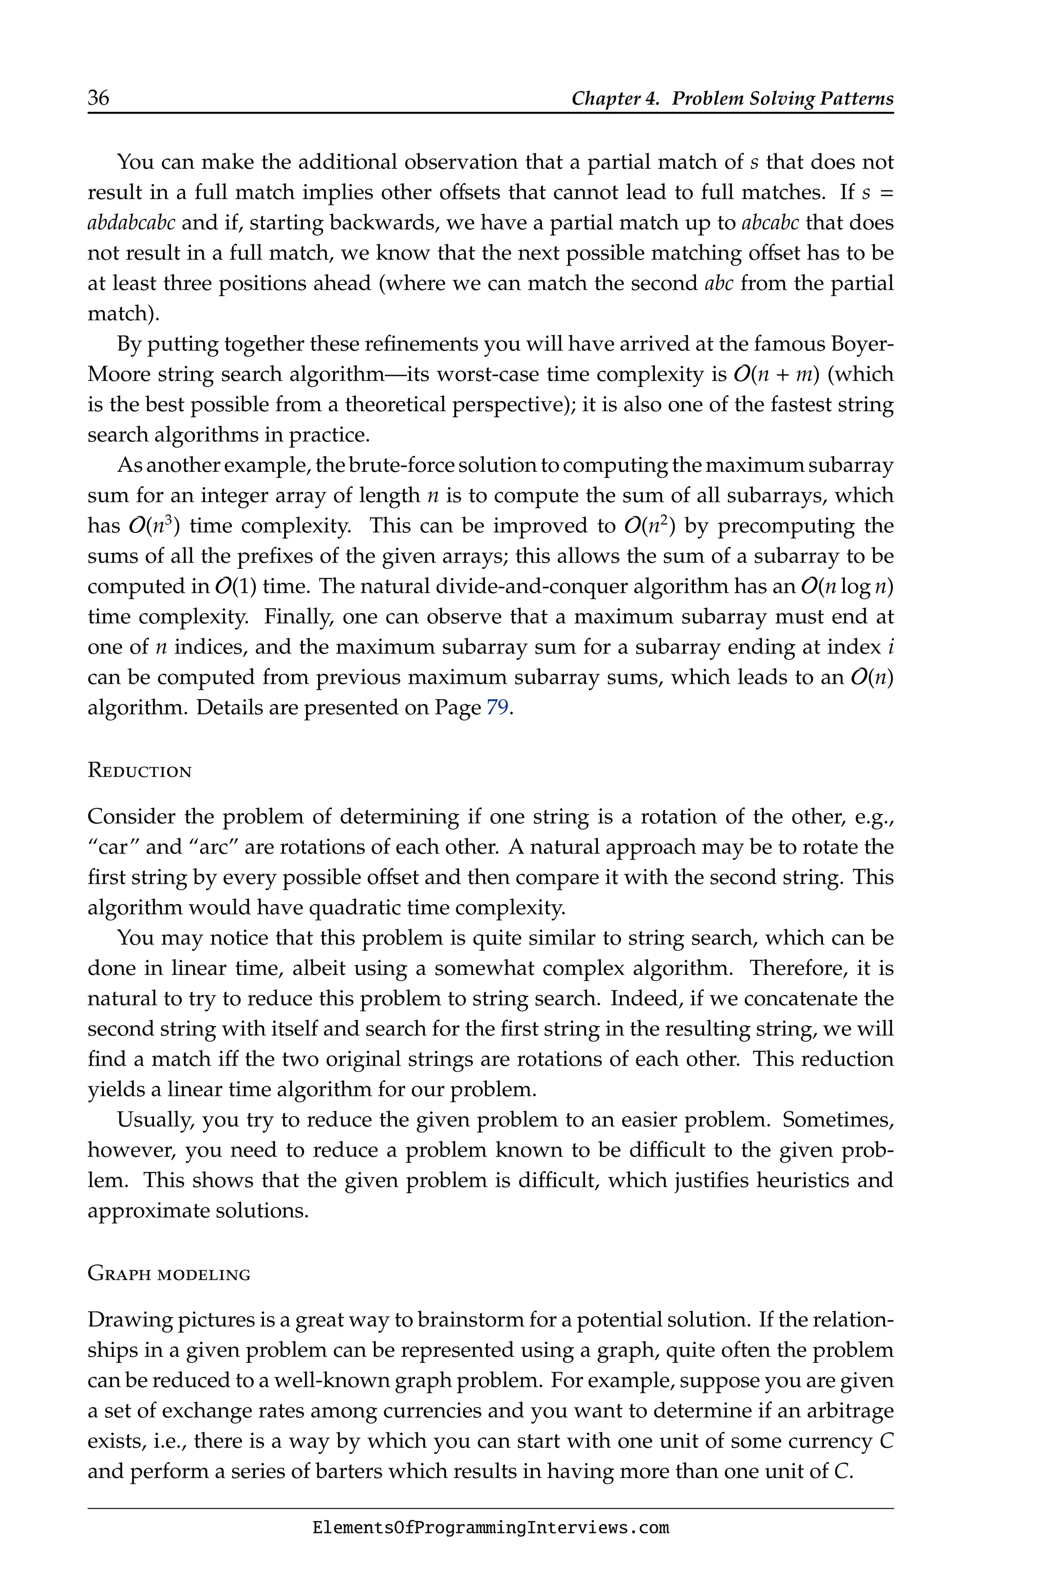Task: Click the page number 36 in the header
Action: pos(98,98)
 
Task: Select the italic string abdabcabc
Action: pos(131,223)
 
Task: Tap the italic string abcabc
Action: pos(770,223)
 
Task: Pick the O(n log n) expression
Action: pos(847,587)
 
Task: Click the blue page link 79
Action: pos(497,708)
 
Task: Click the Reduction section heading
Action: pos(140,771)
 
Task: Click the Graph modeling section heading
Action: pos(169,1275)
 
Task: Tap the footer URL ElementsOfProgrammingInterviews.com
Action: pos(491,1528)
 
